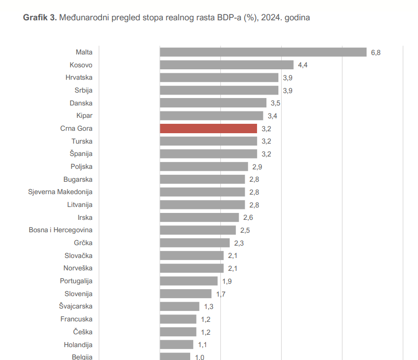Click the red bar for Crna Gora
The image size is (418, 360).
[209, 129]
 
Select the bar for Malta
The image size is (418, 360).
[262, 52]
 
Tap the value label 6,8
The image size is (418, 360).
[376, 52]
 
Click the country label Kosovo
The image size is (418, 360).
[81, 65]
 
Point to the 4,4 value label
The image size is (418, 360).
[303, 65]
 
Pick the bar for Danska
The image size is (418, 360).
[213, 103]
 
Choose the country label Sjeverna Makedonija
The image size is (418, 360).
[60, 192]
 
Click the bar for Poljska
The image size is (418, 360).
[204, 167]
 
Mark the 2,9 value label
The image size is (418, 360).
[257, 167]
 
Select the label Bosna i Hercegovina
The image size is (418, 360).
[60, 230]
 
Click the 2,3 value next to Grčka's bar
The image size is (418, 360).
[239, 243]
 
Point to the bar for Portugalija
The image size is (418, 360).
[189, 281]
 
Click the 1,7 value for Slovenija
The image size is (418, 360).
[221, 294]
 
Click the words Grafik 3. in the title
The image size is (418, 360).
[40, 18]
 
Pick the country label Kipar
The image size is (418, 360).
[84, 116]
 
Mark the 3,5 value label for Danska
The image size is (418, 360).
[275, 103]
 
